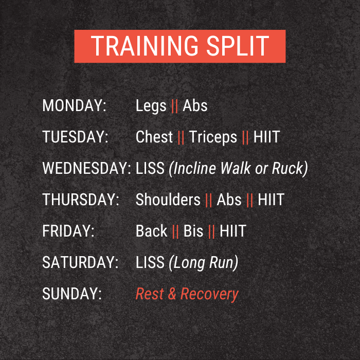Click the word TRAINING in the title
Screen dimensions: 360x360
145,46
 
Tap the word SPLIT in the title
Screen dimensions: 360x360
238,46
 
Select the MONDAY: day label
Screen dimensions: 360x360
75,105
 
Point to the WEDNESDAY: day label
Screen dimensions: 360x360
87,168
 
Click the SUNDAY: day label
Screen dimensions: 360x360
72,294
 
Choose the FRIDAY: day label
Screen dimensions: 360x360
68,231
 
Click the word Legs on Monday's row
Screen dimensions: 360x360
151,106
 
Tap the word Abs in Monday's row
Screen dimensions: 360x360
195,105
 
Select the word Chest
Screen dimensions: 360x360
154,137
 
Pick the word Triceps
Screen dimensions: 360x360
213,137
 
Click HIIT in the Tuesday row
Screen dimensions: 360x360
266,137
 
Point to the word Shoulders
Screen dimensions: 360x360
168,200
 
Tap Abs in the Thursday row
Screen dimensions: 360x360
229,200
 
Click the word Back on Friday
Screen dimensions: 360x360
152,231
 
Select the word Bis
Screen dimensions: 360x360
193,231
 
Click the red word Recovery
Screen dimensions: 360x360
210,295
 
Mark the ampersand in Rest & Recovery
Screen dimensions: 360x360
172,294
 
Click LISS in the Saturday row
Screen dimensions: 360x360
150,262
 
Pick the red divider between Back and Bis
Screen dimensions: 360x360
175,232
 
